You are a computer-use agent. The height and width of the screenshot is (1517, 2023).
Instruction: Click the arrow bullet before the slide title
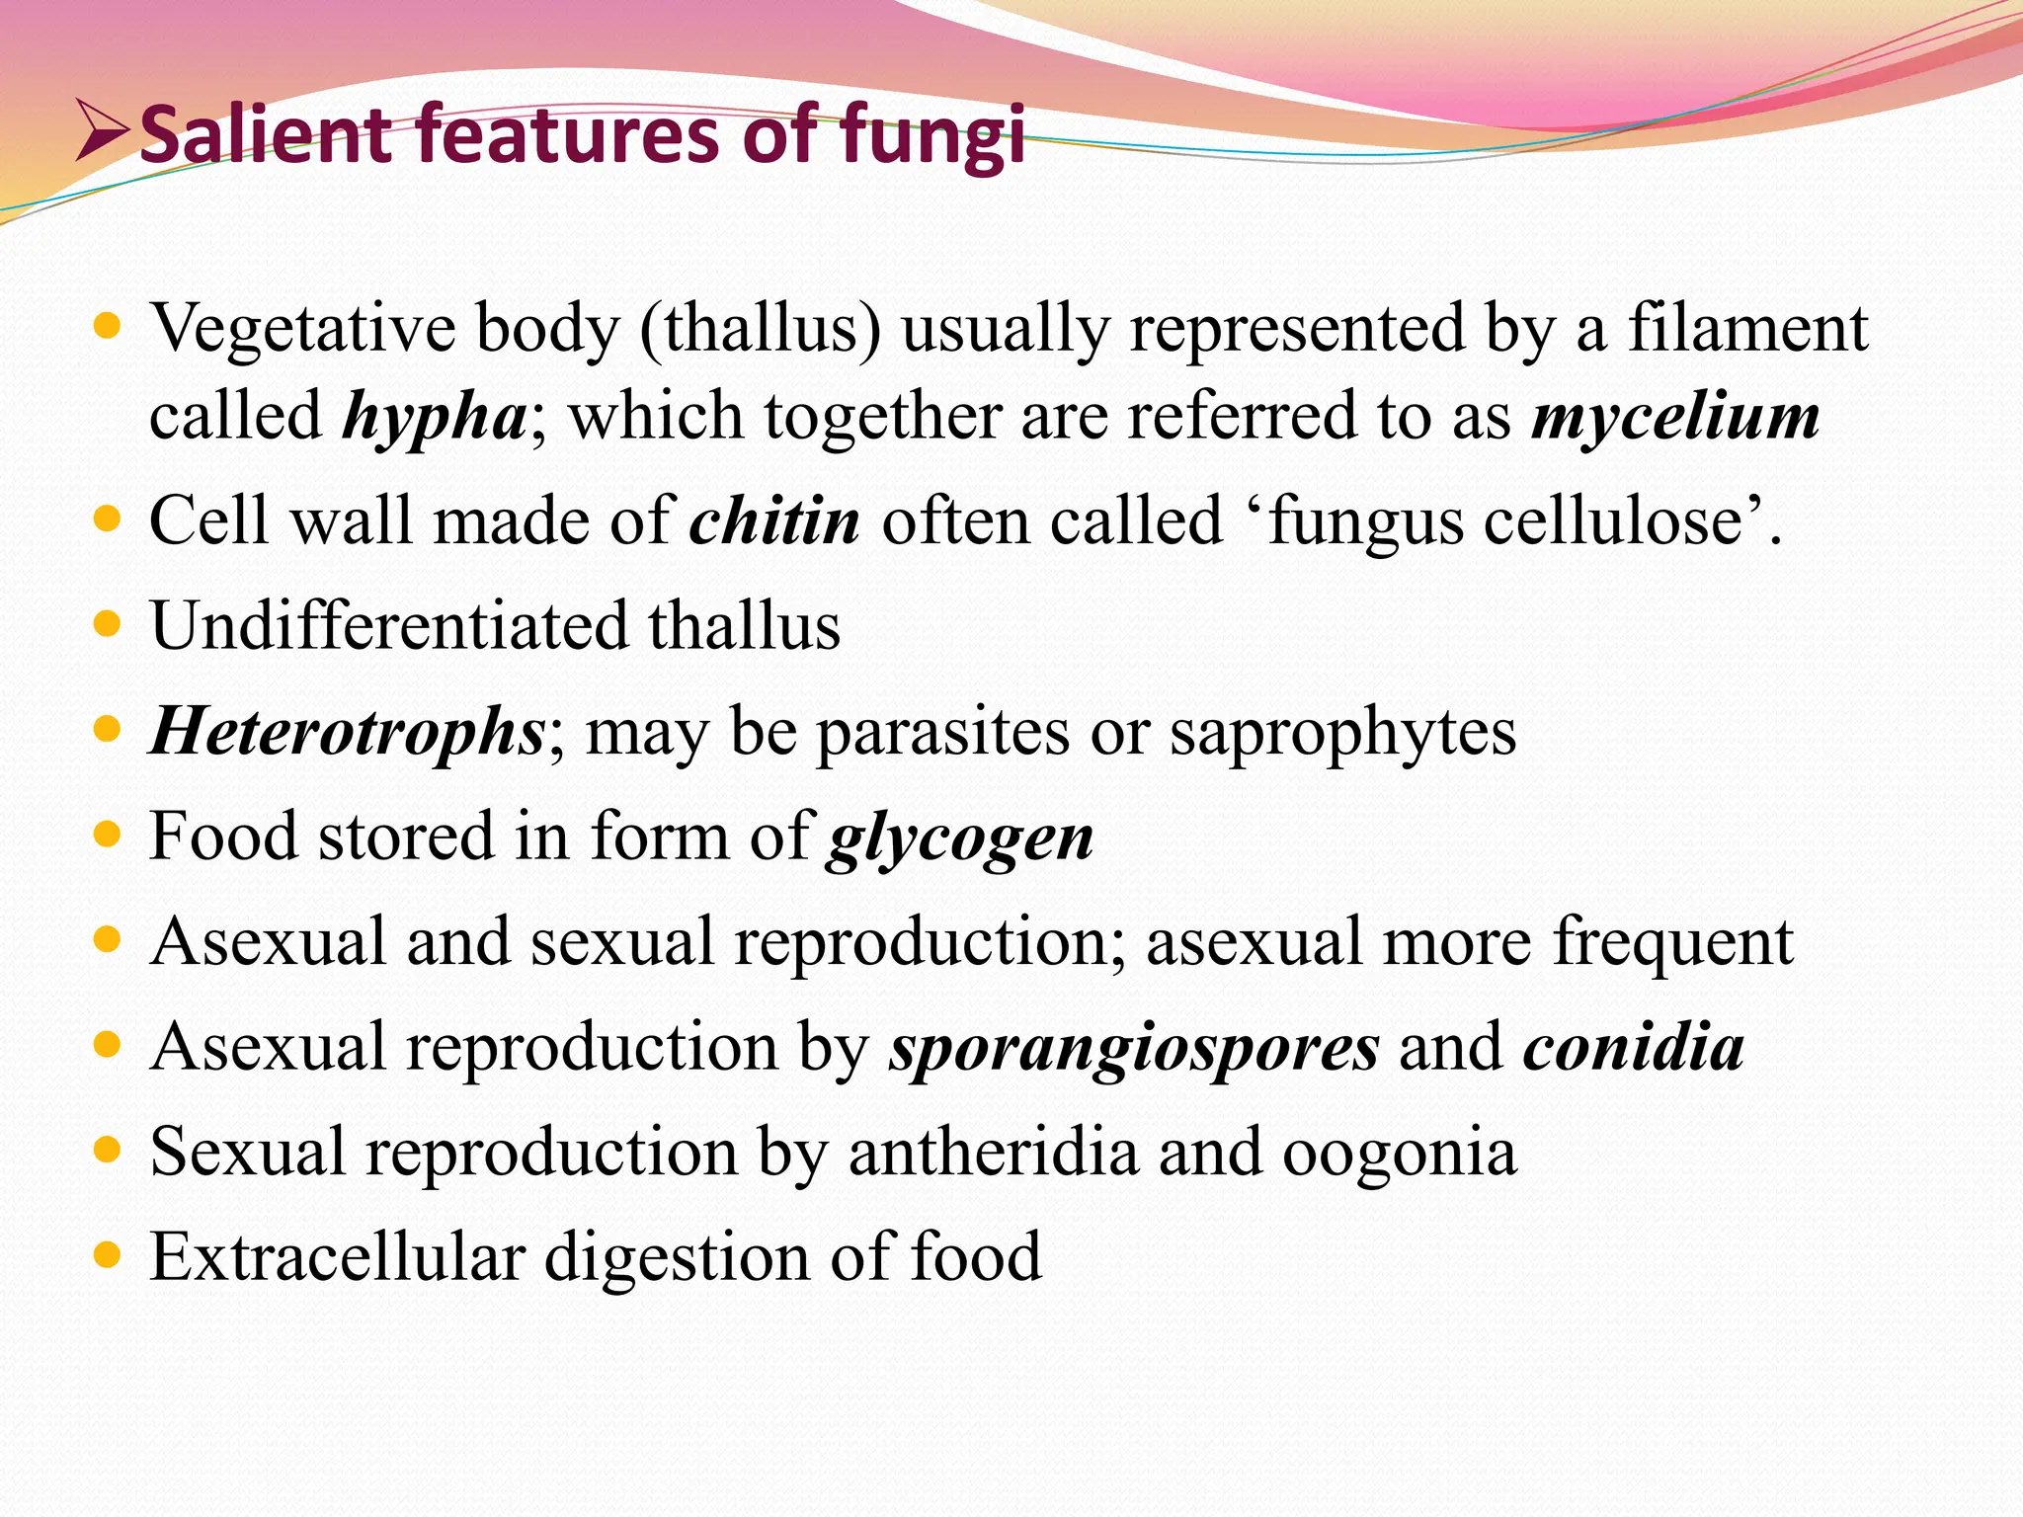click(103, 134)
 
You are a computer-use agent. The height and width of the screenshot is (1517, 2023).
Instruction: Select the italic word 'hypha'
click(435, 417)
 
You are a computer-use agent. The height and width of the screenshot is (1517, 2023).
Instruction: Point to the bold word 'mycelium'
click(1675, 417)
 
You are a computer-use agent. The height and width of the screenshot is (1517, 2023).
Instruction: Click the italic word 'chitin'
click(774, 521)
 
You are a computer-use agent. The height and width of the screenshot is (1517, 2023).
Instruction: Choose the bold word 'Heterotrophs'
click(346, 733)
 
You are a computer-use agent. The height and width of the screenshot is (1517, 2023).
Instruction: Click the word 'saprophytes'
click(1343, 733)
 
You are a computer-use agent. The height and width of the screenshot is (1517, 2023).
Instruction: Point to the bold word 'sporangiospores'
click(1134, 1047)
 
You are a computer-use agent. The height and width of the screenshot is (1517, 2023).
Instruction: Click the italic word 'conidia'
click(1634, 1047)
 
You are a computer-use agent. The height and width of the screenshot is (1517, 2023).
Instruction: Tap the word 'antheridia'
click(993, 1153)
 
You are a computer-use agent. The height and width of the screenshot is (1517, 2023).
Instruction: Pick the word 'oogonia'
click(1399, 1153)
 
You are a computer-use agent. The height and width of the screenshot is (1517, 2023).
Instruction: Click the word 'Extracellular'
click(337, 1257)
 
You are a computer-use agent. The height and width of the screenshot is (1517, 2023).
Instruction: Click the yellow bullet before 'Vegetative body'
click(107, 325)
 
